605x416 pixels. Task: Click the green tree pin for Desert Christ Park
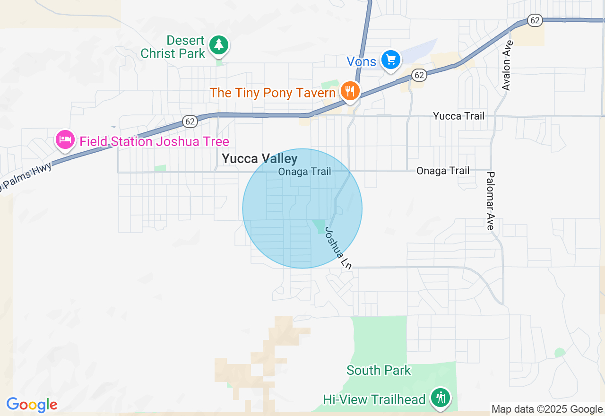point(218,45)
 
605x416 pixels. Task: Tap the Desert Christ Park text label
point(173,47)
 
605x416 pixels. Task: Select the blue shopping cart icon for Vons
point(391,60)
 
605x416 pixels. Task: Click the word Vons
point(362,61)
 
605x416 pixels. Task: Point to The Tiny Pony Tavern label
point(273,93)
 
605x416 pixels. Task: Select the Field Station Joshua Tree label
point(154,141)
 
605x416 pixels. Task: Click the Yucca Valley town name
point(259,159)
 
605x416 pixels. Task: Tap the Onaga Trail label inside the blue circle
point(304,172)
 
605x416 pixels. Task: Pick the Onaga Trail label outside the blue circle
point(443,171)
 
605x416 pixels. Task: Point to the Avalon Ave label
point(507,66)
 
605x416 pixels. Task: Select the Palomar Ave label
point(491,200)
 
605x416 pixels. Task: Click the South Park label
point(379,370)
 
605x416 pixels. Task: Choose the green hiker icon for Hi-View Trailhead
point(441,397)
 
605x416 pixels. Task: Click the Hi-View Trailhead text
point(374,399)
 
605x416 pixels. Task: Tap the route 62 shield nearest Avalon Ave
point(535,20)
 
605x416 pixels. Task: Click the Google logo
point(32,405)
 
